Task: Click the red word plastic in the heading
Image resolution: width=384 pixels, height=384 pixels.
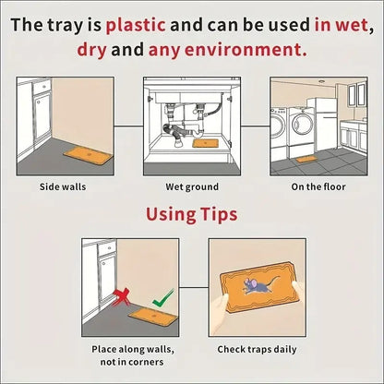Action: [136, 25]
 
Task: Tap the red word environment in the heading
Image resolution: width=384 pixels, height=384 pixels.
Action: [228, 50]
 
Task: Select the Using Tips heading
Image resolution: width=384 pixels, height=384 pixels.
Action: [192, 214]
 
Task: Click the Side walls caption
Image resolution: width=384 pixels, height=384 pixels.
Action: [63, 186]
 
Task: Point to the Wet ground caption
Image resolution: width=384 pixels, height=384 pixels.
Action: [192, 187]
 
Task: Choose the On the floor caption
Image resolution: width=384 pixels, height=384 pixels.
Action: [318, 186]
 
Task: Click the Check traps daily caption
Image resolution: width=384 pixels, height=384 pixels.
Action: [257, 350]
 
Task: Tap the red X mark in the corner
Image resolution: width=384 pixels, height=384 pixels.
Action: [121, 297]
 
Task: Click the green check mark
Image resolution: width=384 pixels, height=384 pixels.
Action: [163, 298]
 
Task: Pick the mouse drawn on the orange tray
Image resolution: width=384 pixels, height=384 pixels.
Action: [258, 285]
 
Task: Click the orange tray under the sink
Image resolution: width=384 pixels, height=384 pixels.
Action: [205, 143]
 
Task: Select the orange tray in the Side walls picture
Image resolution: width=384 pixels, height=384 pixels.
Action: [89, 155]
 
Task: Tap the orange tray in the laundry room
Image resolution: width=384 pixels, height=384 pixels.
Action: [306, 159]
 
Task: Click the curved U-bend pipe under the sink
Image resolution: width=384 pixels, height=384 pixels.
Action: [198, 132]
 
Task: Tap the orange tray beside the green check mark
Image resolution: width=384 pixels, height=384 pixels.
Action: [153, 317]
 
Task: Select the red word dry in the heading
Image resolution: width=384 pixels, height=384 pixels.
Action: [92, 50]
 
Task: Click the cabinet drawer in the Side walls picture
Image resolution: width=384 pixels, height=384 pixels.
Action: [42, 87]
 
